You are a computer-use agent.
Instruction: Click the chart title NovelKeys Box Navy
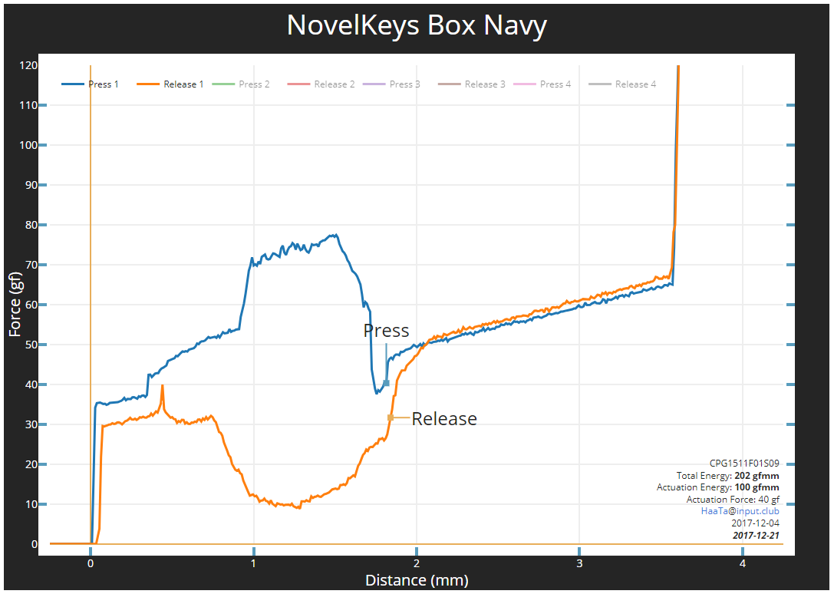pyautogui.click(x=417, y=26)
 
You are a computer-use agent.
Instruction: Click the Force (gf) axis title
pyautogui.click(x=15, y=305)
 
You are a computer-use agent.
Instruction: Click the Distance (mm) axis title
pyautogui.click(x=417, y=580)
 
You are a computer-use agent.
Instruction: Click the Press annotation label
pyautogui.click(x=386, y=331)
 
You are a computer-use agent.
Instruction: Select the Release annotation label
pyautogui.click(x=444, y=419)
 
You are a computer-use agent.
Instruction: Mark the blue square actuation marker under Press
pyautogui.click(x=386, y=383)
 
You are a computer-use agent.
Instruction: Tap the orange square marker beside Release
pyautogui.click(x=391, y=417)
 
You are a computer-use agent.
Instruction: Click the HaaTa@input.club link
pyautogui.click(x=740, y=510)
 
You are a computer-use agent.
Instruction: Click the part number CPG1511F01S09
pyautogui.click(x=744, y=464)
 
